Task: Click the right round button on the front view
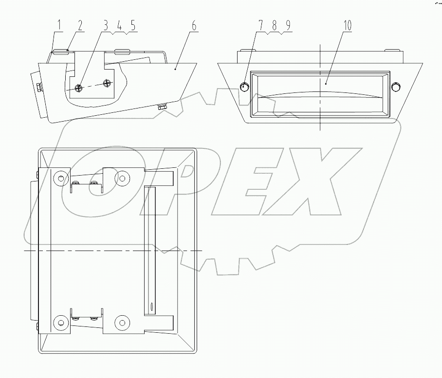coord(396,87)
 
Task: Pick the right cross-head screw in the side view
coord(107,83)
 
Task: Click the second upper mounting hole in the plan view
coord(121,178)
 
